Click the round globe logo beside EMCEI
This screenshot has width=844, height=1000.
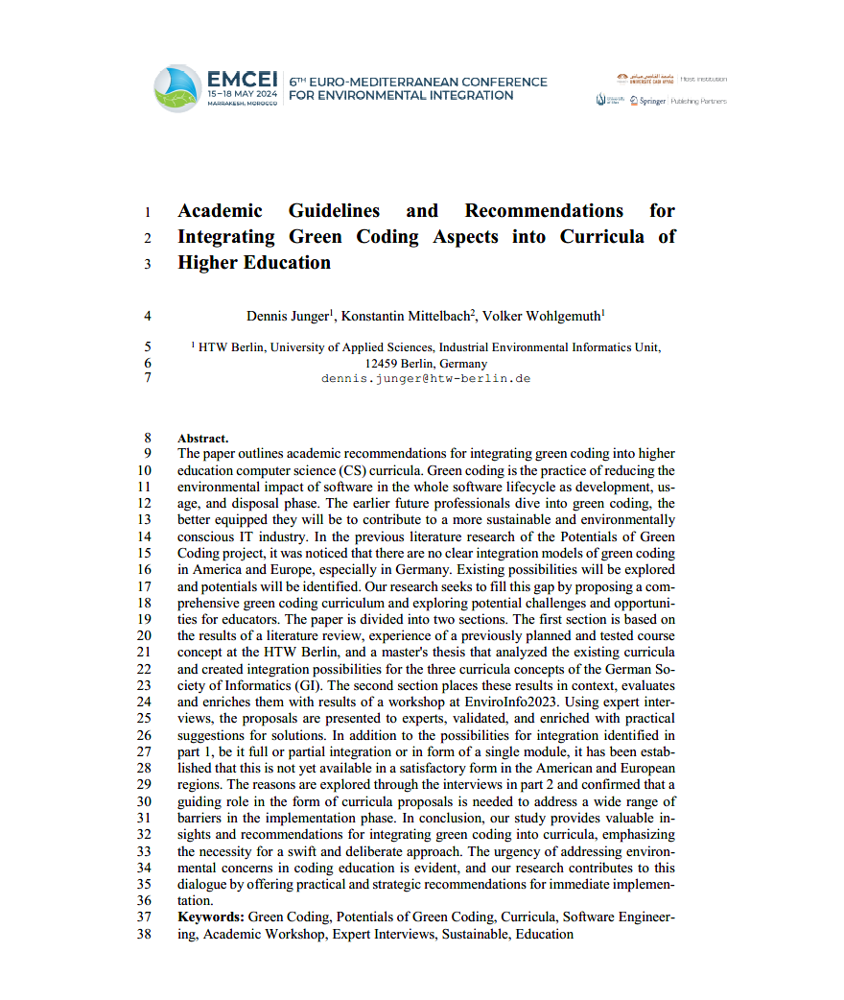(177, 88)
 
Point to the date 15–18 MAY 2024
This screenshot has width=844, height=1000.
(243, 95)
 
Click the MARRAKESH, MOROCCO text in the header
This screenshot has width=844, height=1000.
(243, 104)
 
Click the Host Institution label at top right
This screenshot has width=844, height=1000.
(704, 79)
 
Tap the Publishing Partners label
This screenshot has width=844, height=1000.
(699, 101)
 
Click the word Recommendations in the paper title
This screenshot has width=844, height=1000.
(544, 211)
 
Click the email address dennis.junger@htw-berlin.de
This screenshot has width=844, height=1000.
(426, 378)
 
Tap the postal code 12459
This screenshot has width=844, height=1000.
(383, 364)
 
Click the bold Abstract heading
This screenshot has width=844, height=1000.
(203, 438)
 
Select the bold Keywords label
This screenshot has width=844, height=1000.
(211, 917)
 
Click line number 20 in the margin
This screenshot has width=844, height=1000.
(145, 635)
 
